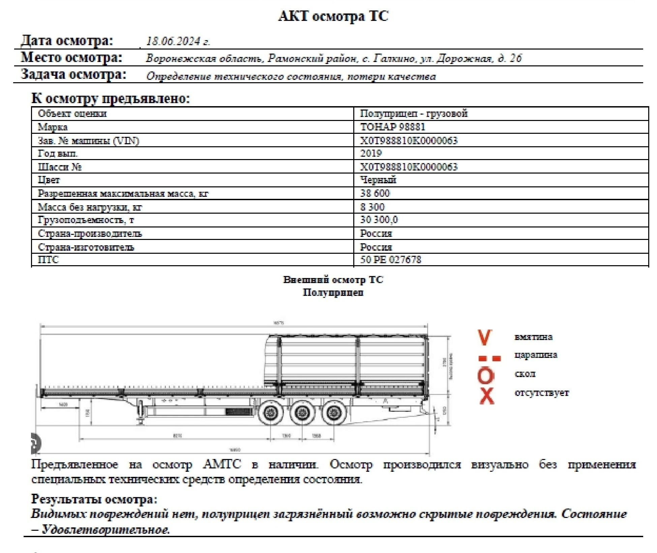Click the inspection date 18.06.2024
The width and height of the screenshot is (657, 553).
coord(178,41)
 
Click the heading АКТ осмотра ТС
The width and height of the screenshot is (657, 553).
coord(333,16)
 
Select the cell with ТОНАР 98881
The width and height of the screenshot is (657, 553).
coord(393,127)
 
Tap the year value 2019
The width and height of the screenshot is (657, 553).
coord(371,153)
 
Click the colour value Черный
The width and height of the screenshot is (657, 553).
coord(378,180)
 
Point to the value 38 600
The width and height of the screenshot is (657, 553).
coord(375,193)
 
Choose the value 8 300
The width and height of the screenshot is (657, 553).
coord(372,207)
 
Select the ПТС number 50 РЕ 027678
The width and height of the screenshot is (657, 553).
coord(390,259)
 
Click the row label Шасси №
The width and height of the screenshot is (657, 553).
coord(60,167)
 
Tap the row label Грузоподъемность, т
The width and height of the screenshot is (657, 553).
coord(86,220)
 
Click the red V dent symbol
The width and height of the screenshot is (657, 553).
coord(485,338)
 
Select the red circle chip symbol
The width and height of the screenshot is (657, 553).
coord(486,376)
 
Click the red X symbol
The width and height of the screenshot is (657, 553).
coord(487,395)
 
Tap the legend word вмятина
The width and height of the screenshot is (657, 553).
coord(533,337)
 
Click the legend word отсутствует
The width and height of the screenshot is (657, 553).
coord(541,393)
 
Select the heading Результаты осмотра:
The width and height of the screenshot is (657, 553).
coord(94,499)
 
